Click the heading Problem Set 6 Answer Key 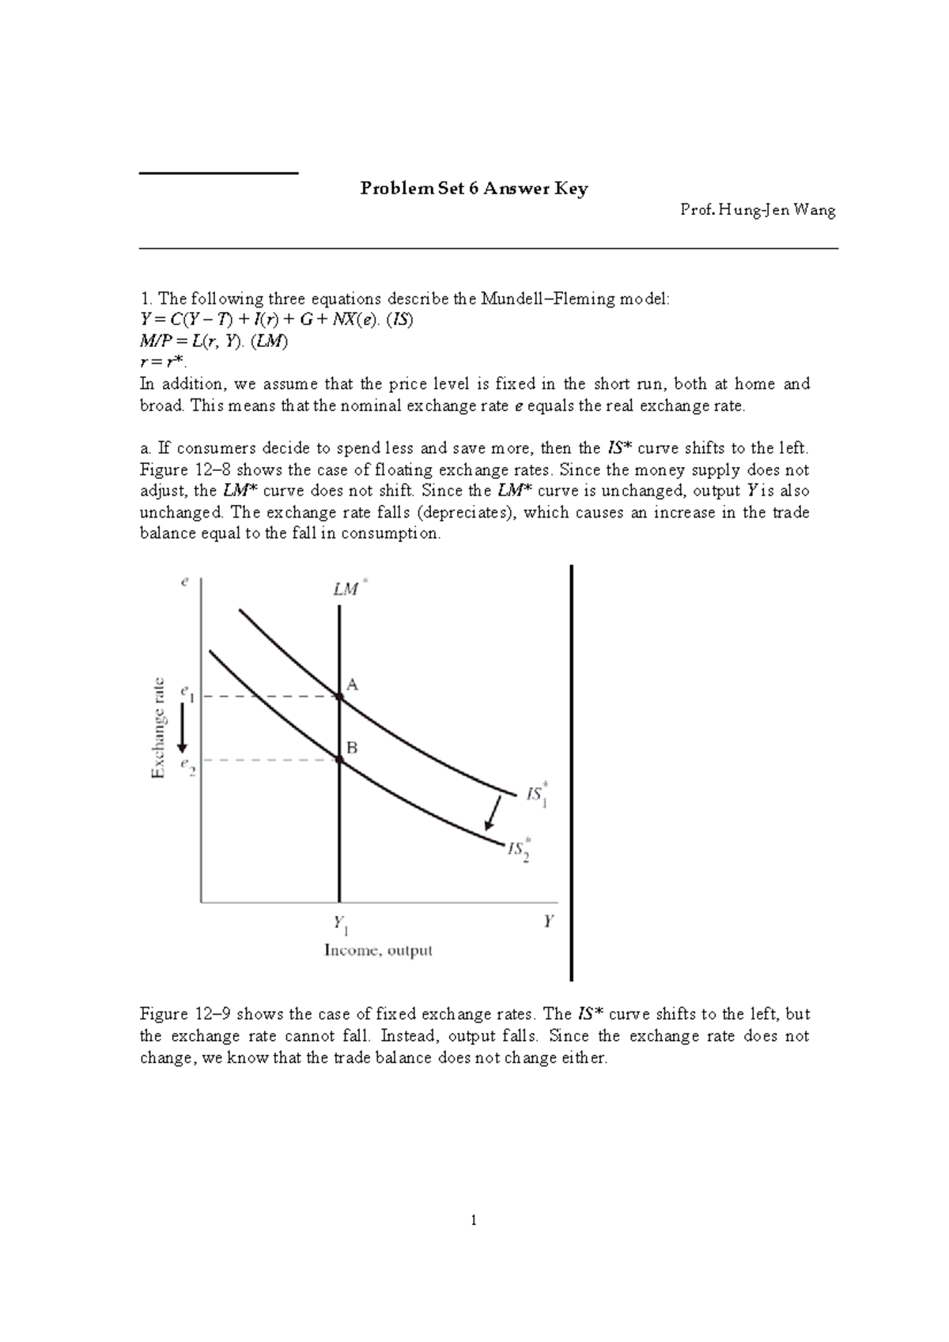pyautogui.click(x=474, y=189)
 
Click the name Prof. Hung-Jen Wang pyautogui.click(x=758, y=210)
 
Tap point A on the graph pyautogui.click(x=339, y=696)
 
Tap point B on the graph pyautogui.click(x=339, y=760)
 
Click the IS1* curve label pyautogui.click(x=537, y=794)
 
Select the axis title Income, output pyautogui.click(x=378, y=951)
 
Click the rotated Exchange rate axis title pyautogui.click(x=158, y=728)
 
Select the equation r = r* pyautogui.click(x=162, y=363)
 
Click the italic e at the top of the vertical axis pyautogui.click(x=184, y=582)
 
